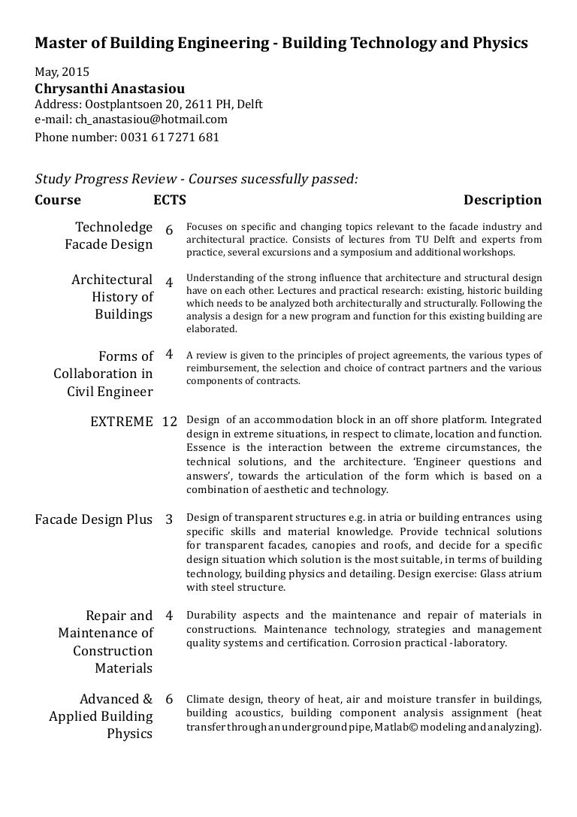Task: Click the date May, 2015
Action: pos(62,73)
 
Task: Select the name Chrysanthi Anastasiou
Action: pos(110,88)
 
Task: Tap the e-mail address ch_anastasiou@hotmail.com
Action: pos(150,120)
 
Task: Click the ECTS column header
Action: pos(169,200)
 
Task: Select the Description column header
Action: pos(502,200)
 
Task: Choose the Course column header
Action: pos(58,200)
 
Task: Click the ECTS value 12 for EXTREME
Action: pos(169,422)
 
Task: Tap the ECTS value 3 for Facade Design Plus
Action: pos(169,519)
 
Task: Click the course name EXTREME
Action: pos(121,422)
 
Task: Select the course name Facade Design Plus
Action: pos(94,519)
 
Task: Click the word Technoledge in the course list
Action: pos(114,227)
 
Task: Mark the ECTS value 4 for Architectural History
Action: pos(169,283)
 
